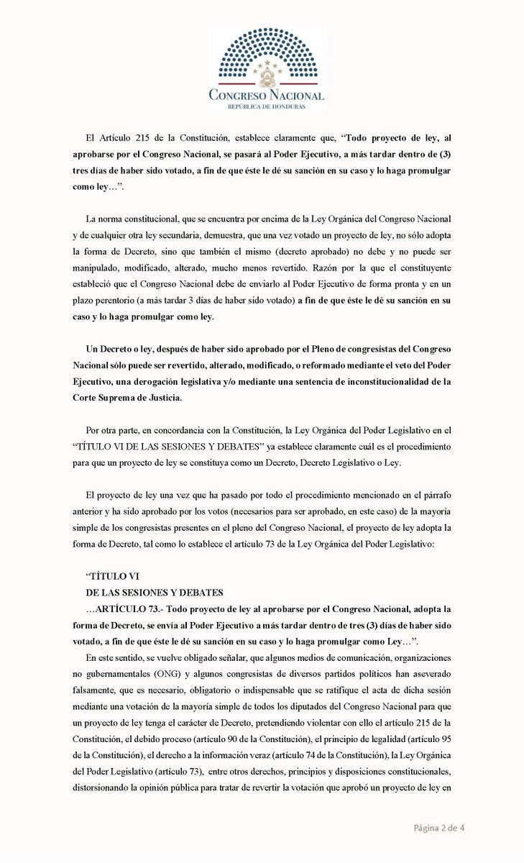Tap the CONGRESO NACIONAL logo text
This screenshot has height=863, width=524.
click(265, 95)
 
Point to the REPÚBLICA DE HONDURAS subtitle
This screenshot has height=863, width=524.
click(265, 106)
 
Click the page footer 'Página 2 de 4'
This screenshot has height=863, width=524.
click(438, 827)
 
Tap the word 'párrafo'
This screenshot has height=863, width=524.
click(436, 496)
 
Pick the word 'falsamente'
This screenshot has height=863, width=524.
click(99, 693)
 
